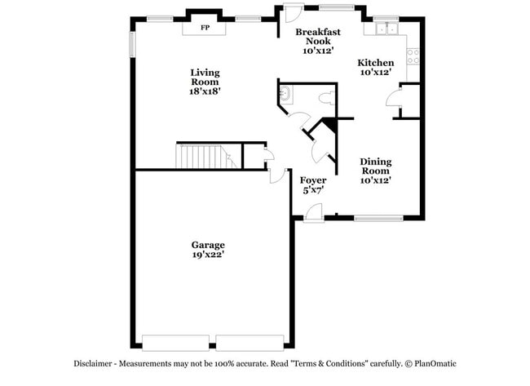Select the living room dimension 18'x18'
[205, 91]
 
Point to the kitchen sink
[384, 30]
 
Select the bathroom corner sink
[285, 95]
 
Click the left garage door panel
[175, 342]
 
